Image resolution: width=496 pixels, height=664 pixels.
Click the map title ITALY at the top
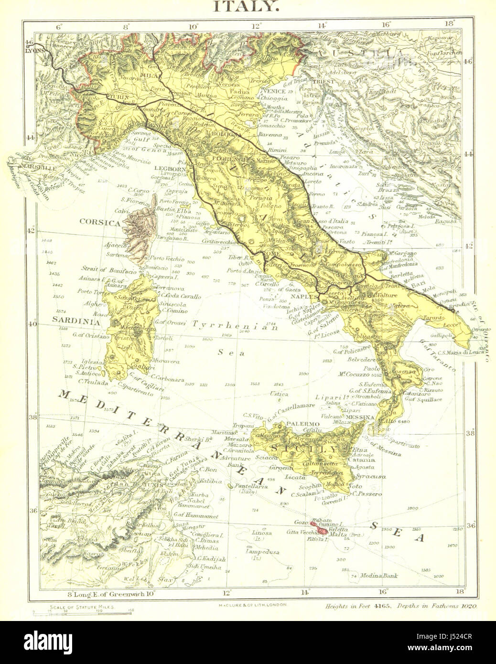[x=246, y=6]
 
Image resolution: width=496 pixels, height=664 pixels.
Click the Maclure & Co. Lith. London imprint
[x=248, y=604]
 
